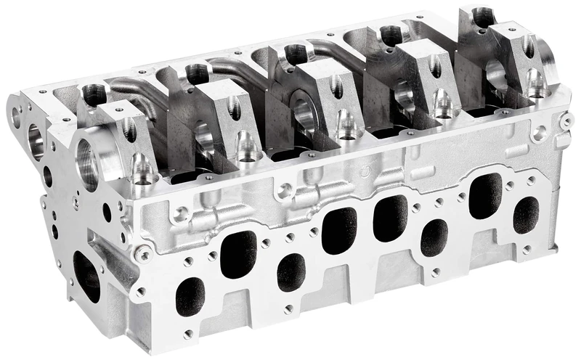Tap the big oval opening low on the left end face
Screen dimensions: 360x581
(87, 275)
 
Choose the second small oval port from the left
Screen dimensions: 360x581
(291, 272)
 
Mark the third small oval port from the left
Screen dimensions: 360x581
(434, 237)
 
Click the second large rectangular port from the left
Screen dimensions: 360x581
(338, 230)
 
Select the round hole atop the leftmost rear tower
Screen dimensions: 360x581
(93, 92)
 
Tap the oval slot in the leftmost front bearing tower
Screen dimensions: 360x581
(129, 129)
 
